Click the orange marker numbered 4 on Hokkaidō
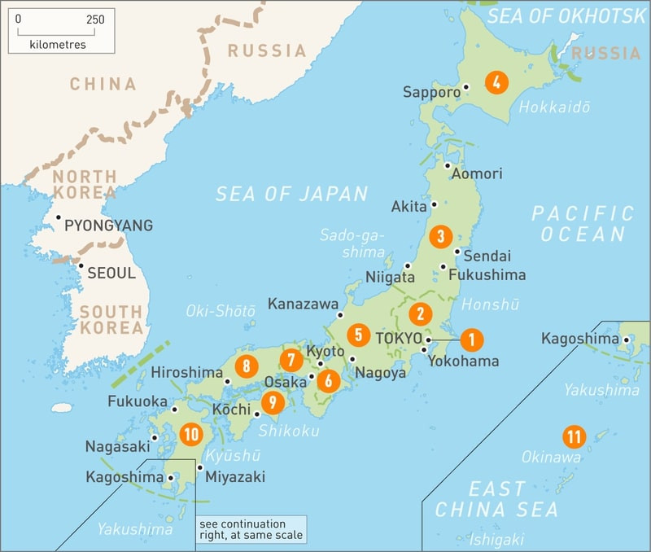pos(496,81)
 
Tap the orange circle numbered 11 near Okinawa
pos(574,437)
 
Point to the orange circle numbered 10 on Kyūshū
pos(190,434)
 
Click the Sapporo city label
pos(431,92)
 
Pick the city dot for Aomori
pos(448,165)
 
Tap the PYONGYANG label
pos(108,225)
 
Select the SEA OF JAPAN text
pos(291,194)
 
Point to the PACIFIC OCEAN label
pos(582,224)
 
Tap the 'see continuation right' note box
pos(251,529)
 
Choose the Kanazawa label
pos(303,304)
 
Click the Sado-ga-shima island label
pos(352,243)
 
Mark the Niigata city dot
pos(409,265)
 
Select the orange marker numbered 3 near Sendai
pos(440,237)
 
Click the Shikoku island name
pos(289,432)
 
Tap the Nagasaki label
pos(118,447)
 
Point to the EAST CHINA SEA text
pos(496,500)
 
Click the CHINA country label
pos(103,84)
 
